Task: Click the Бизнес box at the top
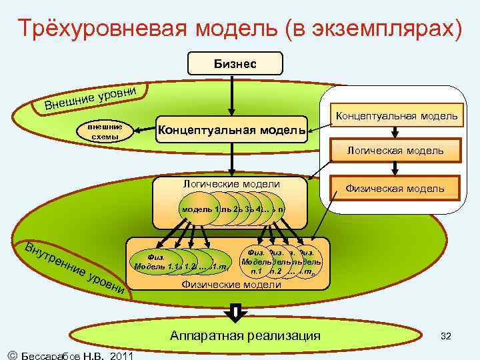(235, 63)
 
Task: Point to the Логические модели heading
(231, 184)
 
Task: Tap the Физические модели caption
(231, 285)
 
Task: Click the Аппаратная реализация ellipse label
(245, 335)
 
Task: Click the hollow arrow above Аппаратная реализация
(235, 311)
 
